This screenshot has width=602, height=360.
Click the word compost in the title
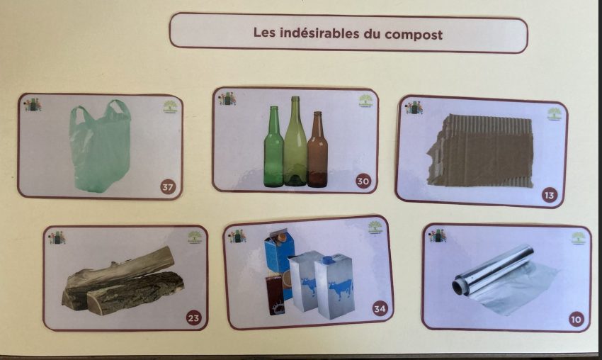click(414, 35)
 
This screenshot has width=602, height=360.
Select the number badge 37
click(167, 187)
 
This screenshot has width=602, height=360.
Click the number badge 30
click(363, 181)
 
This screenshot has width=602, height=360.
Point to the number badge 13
click(550, 195)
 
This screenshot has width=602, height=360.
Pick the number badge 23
click(193, 317)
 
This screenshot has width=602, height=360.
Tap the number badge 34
click(380, 308)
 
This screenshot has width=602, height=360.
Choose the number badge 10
click(576, 320)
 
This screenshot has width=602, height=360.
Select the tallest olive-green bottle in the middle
click(295, 142)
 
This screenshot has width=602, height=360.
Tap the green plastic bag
click(100, 146)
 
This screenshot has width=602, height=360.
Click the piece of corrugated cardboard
click(481, 150)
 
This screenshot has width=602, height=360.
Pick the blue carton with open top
click(280, 252)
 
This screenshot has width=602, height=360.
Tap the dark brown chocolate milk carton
click(275, 294)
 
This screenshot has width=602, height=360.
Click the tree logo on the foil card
click(578, 238)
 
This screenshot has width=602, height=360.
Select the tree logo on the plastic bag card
click(171, 106)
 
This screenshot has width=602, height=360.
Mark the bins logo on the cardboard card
click(414, 107)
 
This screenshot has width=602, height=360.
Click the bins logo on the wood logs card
click(57, 237)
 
